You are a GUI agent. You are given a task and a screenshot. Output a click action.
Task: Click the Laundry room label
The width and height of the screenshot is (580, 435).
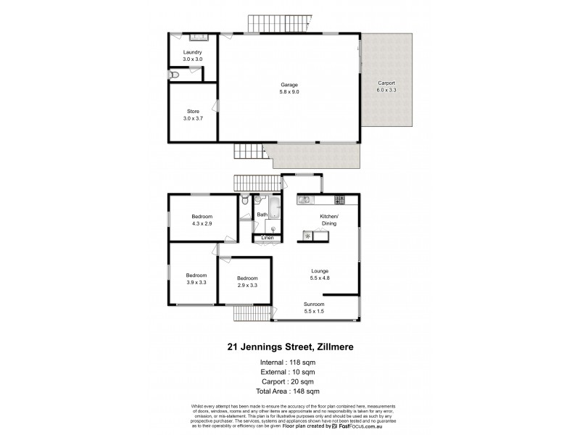coord(192,52)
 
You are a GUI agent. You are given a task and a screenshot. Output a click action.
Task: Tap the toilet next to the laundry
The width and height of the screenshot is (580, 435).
coord(173,74)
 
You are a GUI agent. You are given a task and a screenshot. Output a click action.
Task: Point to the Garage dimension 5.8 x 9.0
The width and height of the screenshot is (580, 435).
coord(289,92)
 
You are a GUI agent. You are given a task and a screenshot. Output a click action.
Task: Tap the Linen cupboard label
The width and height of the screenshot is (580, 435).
coord(267,238)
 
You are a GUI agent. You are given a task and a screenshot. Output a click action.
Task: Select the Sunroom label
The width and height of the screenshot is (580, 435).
coord(314,304)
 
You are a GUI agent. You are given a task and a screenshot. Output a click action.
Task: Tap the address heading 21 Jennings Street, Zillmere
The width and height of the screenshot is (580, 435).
coord(289,347)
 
